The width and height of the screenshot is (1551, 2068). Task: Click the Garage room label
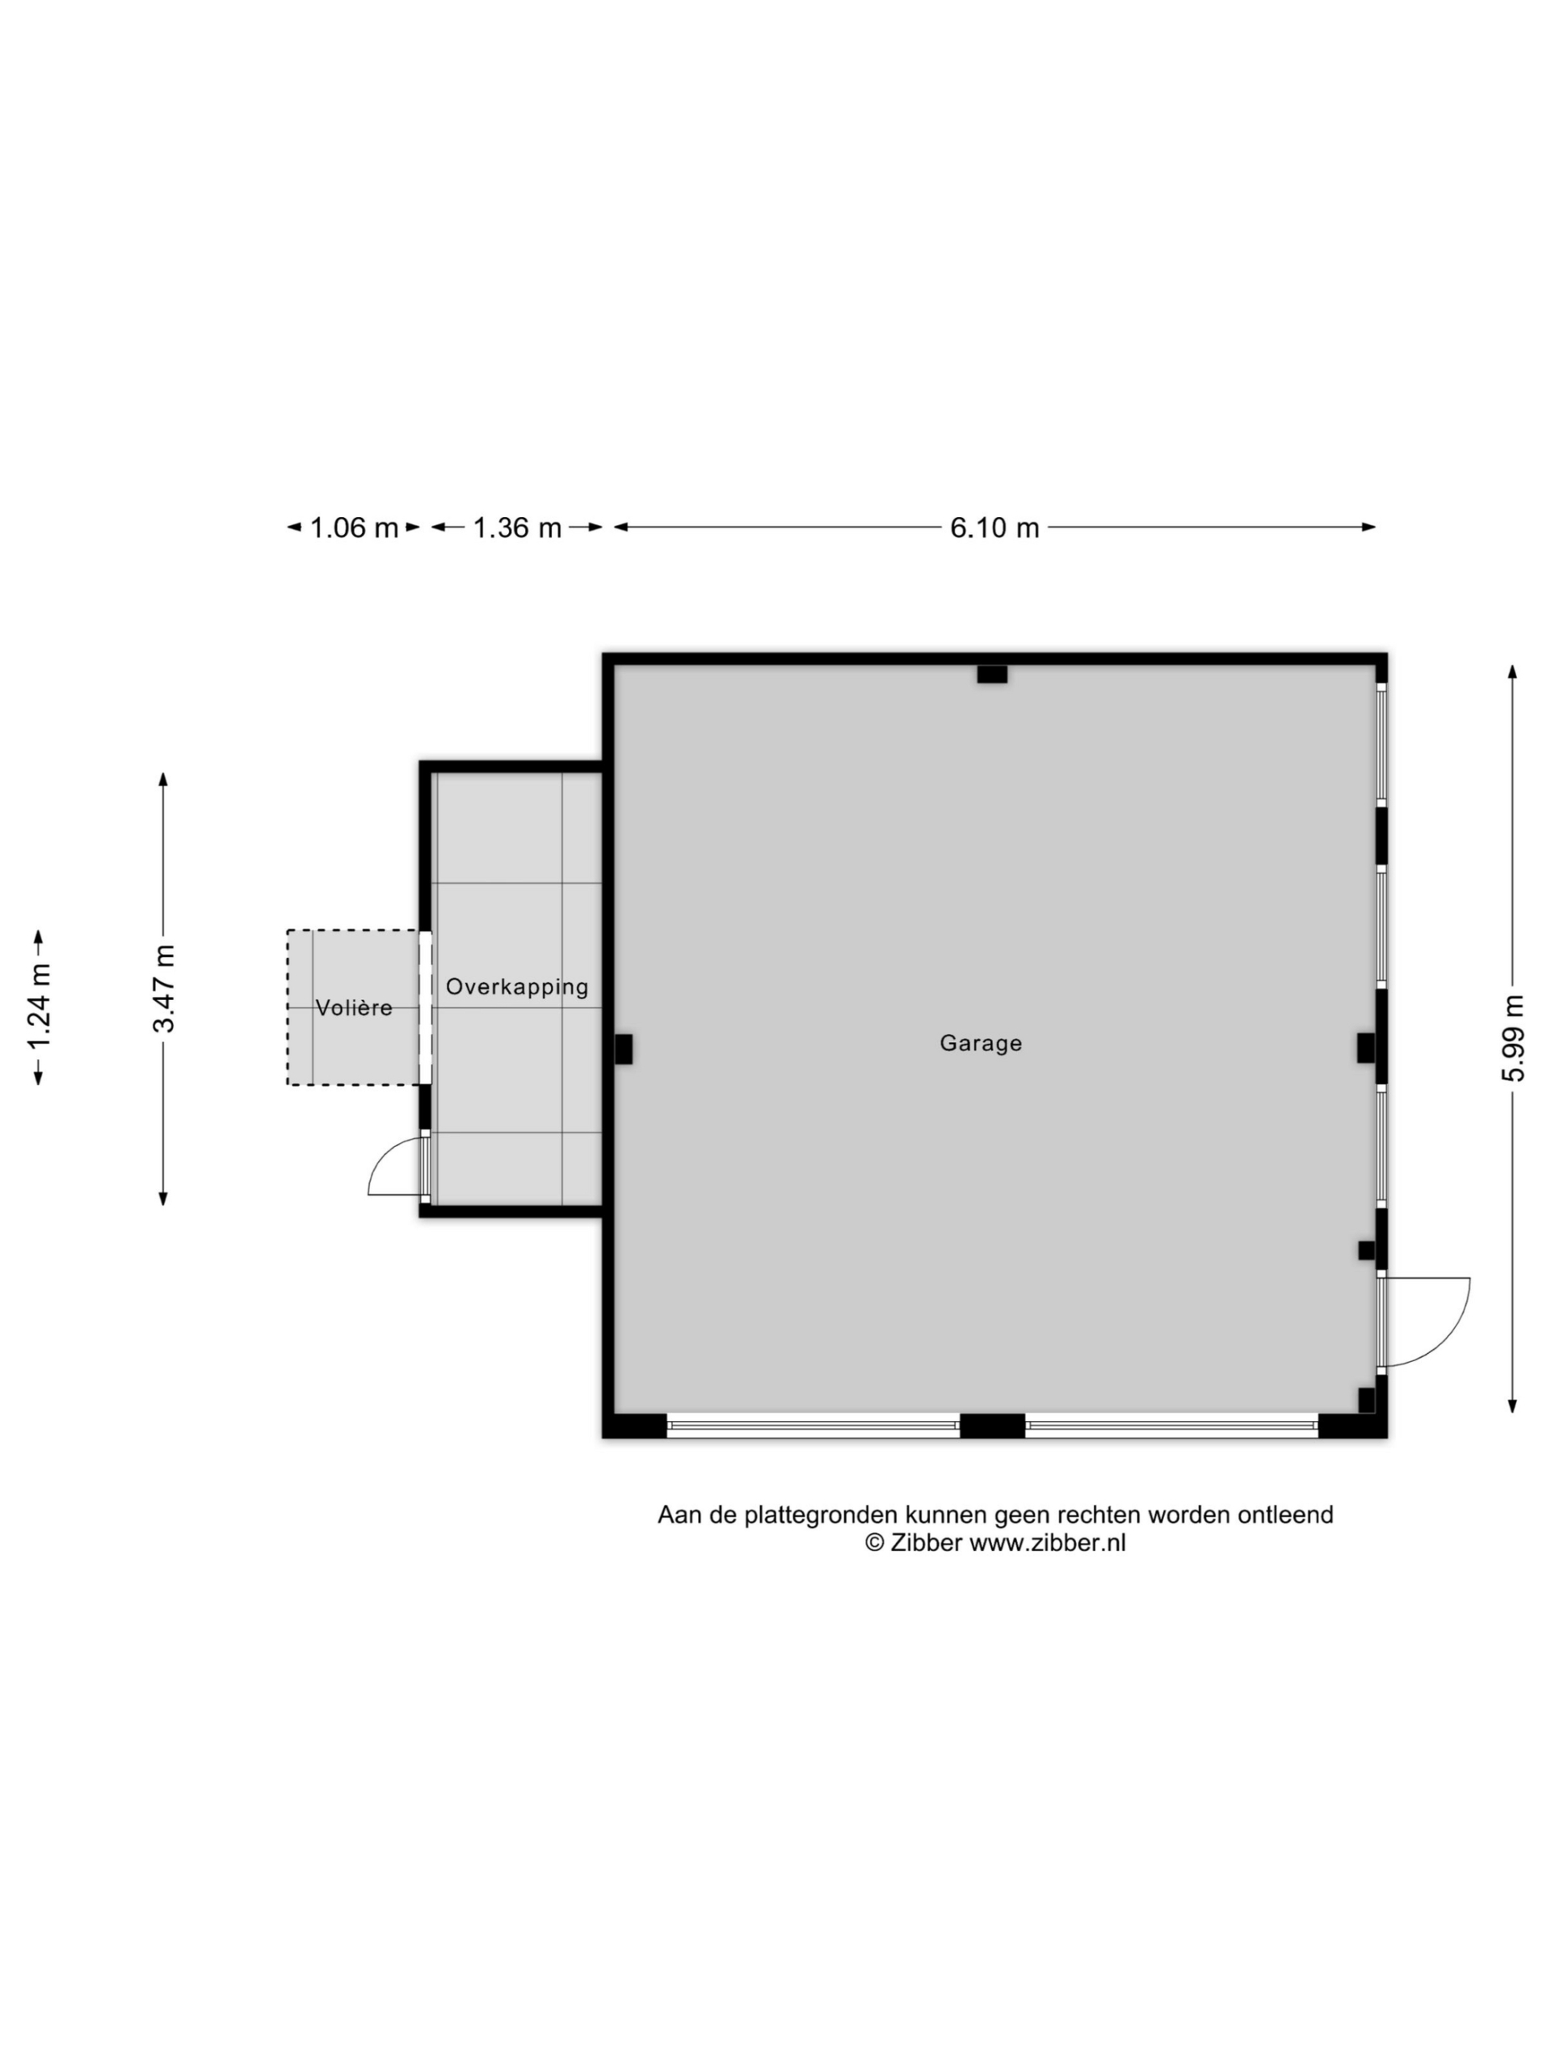point(980,1044)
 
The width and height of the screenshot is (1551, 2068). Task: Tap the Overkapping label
point(517,987)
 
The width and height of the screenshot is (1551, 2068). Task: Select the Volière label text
point(353,1008)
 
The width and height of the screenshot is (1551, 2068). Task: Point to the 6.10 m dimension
point(994,528)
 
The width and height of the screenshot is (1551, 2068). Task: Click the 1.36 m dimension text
point(517,528)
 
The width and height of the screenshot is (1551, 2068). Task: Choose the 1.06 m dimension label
point(353,528)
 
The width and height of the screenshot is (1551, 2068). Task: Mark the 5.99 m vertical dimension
point(1513,1039)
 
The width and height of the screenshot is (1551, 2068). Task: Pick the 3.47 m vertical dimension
point(164,988)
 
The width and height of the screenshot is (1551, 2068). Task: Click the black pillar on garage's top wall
point(992,674)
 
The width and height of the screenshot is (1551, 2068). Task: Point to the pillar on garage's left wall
point(623,1049)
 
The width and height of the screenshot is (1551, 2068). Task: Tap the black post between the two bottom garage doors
point(992,1426)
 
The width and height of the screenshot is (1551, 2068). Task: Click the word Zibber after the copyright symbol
point(926,1544)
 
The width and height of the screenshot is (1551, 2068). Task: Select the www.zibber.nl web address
point(1047,1544)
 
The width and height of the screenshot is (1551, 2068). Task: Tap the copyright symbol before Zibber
point(874,1544)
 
